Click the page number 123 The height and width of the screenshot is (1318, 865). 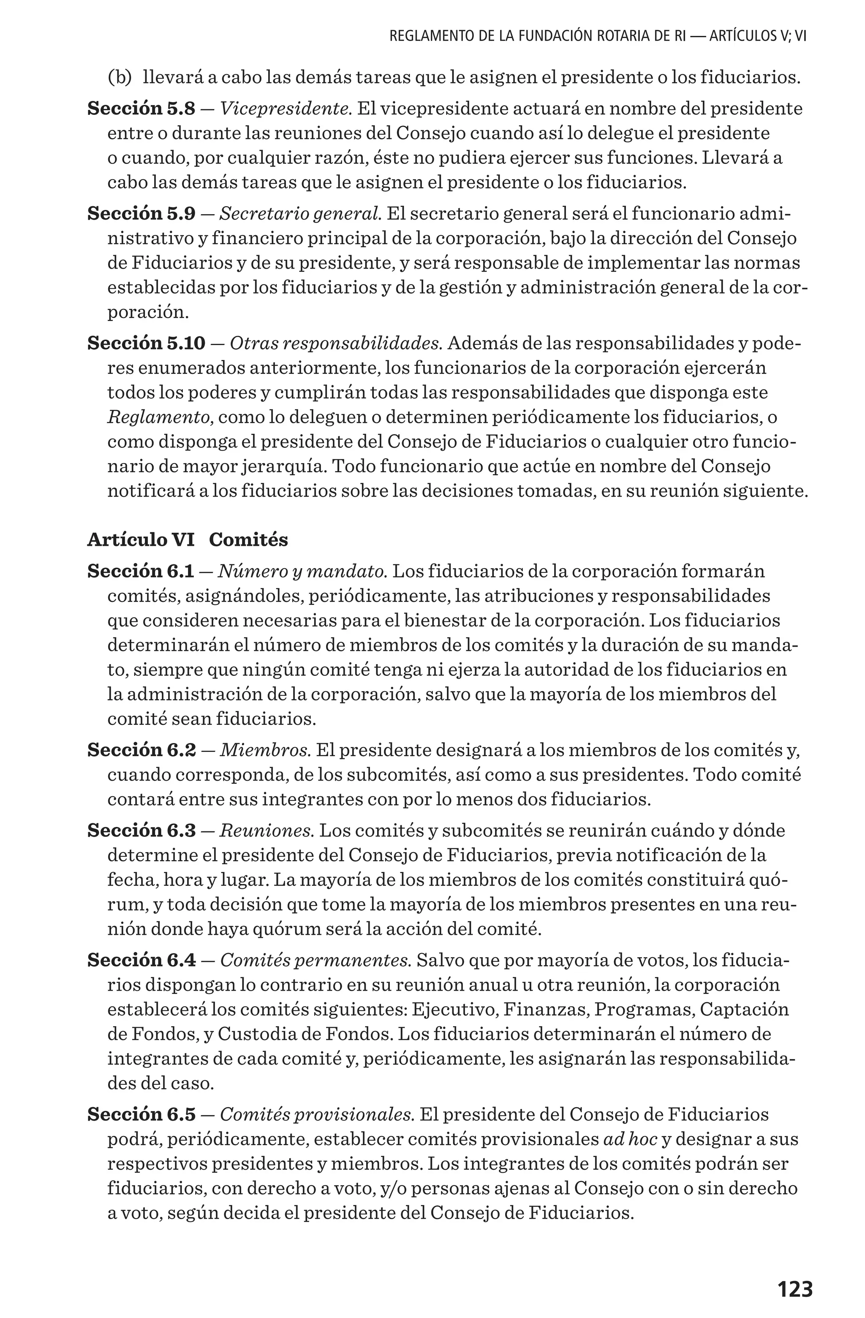(x=794, y=1273)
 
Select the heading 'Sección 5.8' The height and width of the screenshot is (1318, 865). (x=141, y=109)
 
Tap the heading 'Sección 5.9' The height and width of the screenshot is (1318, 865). (x=141, y=213)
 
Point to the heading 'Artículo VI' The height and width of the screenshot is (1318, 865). (x=141, y=539)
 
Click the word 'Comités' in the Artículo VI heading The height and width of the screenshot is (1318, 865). (x=249, y=539)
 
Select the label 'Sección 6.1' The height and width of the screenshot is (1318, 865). (x=141, y=571)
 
